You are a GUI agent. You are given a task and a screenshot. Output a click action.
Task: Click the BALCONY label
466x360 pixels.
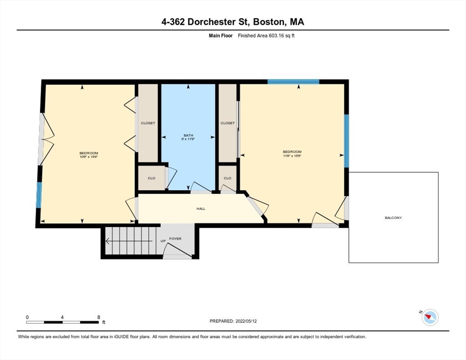(x=393, y=217)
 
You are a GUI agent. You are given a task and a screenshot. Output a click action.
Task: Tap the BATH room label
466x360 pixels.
(x=188, y=135)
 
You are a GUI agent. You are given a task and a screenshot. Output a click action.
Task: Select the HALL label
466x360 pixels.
(x=201, y=209)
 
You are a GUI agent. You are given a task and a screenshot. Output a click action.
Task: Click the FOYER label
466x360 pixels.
(x=175, y=239)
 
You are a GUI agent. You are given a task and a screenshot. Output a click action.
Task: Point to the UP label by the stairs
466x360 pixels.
(x=163, y=241)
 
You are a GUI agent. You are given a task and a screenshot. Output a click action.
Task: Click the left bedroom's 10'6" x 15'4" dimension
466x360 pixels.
(x=89, y=157)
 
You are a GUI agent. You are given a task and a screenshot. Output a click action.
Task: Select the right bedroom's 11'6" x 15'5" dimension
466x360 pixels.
(x=292, y=156)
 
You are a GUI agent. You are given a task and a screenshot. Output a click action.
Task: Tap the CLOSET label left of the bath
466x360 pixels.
(x=148, y=123)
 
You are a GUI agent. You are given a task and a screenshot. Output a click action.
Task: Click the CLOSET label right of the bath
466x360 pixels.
(x=227, y=123)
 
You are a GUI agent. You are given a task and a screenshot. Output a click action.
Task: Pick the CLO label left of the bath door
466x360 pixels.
(x=151, y=178)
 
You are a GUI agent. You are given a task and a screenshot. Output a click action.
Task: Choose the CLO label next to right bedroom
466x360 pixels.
(x=227, y=178)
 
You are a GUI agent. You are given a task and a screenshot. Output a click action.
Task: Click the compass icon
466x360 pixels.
(x=429, y=317)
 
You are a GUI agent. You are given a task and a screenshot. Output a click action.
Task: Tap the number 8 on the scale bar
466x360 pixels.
(x=98, y=317)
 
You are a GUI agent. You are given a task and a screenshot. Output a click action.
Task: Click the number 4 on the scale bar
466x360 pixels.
(x=62, y=317)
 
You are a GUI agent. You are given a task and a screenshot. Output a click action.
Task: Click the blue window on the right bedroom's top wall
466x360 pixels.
(x=293, y=82)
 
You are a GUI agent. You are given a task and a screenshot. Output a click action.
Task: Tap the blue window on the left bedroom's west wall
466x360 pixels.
(x=39, y=195)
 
